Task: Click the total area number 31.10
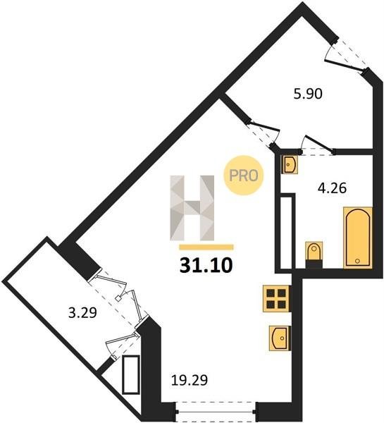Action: (206, 265)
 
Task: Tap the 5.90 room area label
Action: (308, 94)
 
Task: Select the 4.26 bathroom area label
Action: (332, 188)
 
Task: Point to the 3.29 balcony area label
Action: (82, 313)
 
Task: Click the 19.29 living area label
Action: (190, 381)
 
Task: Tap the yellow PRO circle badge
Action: (244, 176)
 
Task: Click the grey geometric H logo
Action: (192, 208)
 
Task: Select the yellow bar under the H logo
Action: (206, 247)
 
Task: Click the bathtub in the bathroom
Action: (358, 238)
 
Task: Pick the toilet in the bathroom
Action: (314, 253)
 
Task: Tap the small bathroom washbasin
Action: (290, 164)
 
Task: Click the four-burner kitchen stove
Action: (276, 299)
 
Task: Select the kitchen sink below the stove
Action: (280, 338)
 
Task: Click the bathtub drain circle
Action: (357, 261)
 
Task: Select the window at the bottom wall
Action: (216, 412)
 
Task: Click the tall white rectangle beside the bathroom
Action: (287, 231)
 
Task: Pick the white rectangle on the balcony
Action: (131, 375)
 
